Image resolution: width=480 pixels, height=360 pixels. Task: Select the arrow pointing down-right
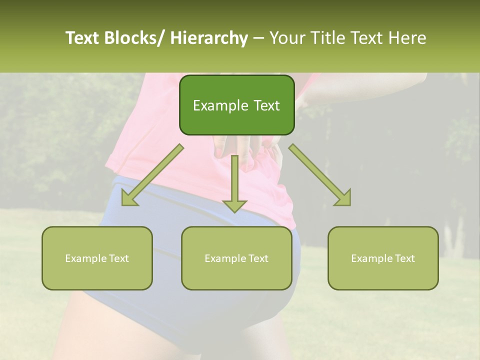click(320, 175)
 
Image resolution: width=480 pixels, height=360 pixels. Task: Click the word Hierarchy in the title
click(209, 38)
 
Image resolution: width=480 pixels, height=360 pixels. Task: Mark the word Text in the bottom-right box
click(404, 258)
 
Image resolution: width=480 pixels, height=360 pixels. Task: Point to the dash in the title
click(258, 38)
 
